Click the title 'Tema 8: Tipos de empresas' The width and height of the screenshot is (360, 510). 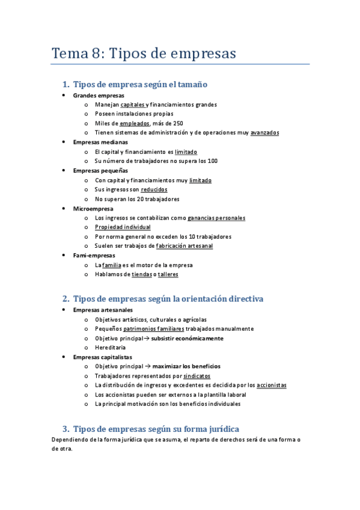point(144,53)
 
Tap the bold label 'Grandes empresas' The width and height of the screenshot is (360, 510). point(99,95)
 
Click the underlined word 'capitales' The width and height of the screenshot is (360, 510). point(132,105)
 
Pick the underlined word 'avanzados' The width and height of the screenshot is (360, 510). point(264,133)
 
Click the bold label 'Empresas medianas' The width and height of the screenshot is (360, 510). point(100,142)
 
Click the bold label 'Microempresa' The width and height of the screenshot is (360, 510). point(93,208)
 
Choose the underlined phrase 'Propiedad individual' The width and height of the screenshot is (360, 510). point(123,227)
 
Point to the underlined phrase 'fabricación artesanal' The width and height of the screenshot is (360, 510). point(184,246)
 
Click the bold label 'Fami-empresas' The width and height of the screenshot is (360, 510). point(94,255)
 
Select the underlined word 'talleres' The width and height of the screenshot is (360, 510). point(168,274)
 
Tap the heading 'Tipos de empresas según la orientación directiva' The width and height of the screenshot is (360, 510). point(167,299)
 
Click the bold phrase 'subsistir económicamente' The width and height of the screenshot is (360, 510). point(187,338)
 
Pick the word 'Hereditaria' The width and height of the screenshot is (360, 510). point(110,348)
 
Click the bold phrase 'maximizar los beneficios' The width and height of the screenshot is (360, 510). point(186,366)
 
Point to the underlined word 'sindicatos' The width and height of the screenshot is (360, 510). point(197,376)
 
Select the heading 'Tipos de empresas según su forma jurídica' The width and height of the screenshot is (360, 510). point(156,429)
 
